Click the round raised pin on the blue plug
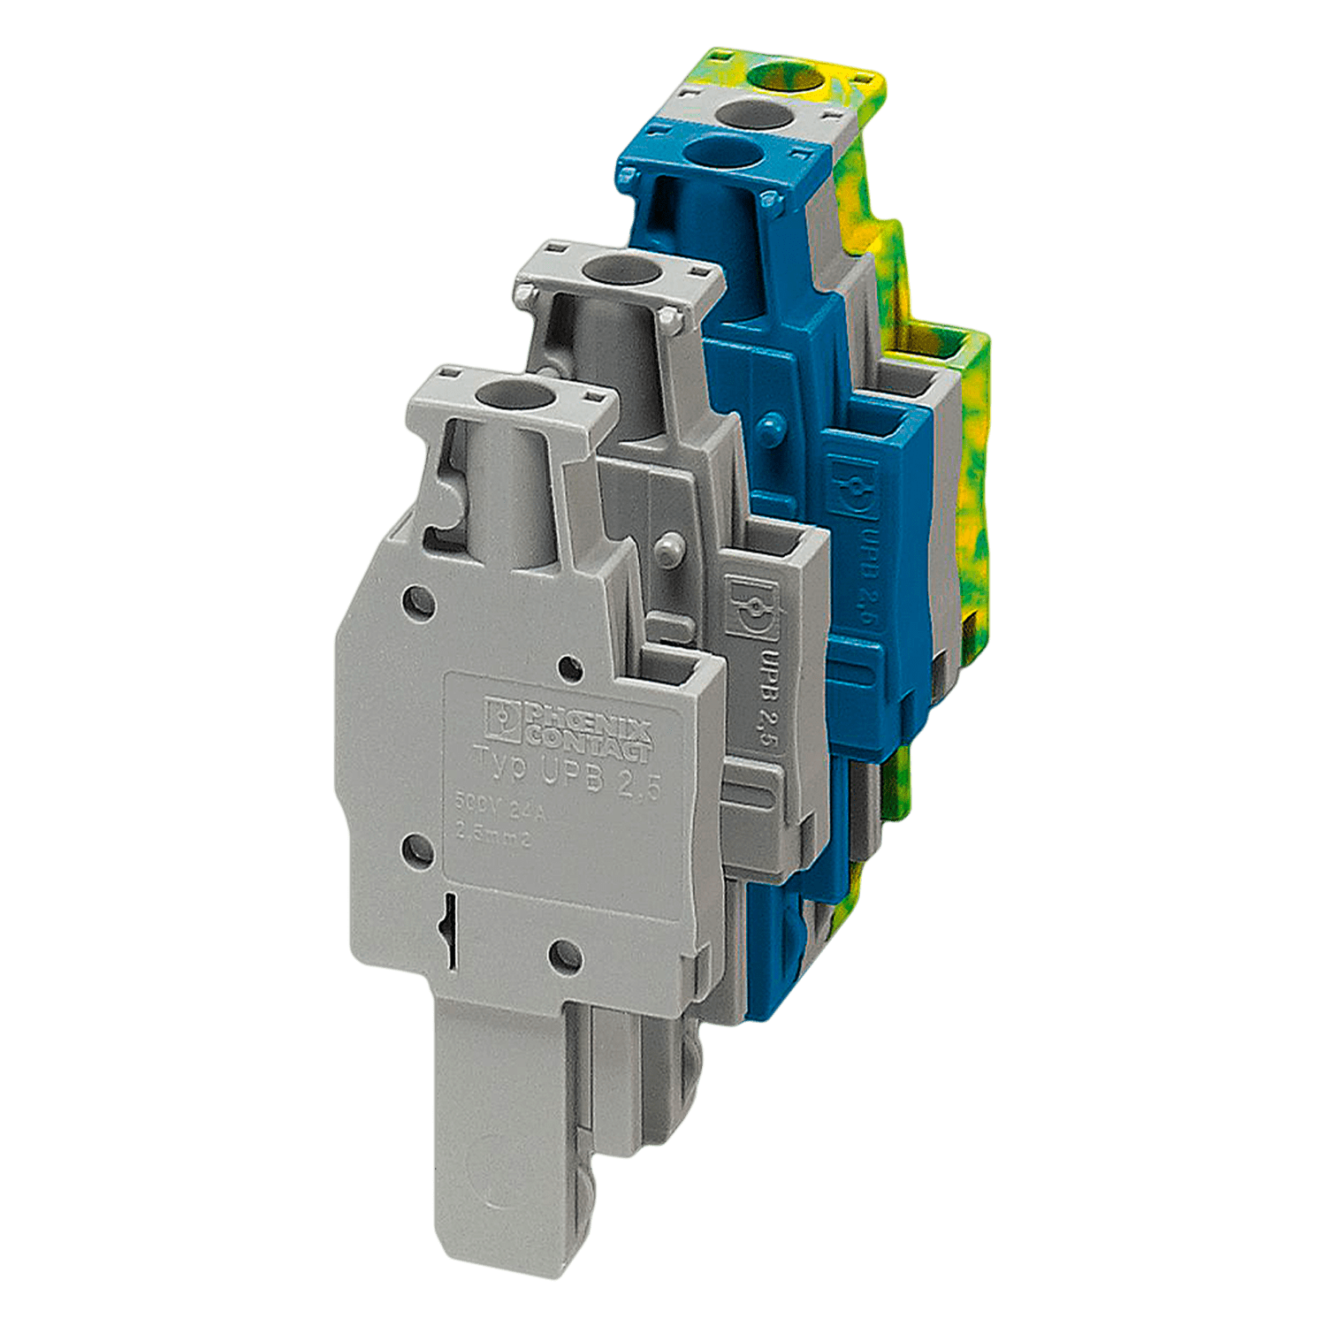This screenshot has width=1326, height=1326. pos(770,423)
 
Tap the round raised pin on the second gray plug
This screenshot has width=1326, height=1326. pos(670,545)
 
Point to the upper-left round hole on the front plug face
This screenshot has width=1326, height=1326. pos(415,603)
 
